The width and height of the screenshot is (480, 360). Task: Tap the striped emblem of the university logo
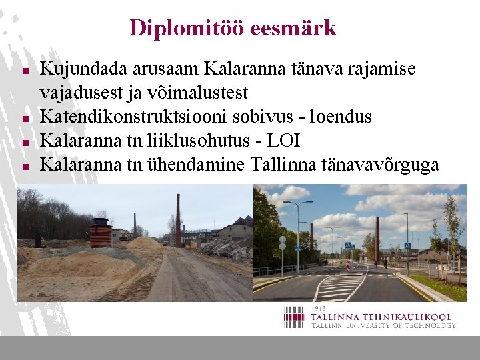[x=294, y=317]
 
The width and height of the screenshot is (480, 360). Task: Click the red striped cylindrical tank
[x=101, y=233]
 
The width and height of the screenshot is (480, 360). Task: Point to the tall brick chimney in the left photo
[x=178, y=220]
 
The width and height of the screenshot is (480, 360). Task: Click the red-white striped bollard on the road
[x=347, y=265]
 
